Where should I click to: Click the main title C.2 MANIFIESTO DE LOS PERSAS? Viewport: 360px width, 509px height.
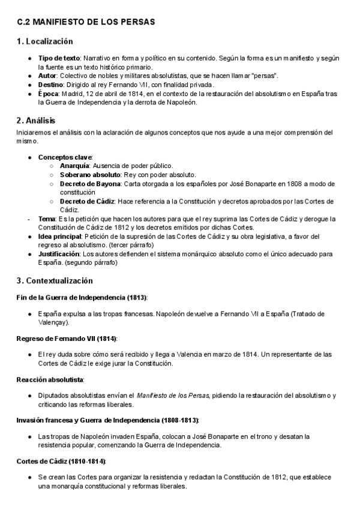click(86, 22)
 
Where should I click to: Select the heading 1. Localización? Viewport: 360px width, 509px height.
click(45, 41)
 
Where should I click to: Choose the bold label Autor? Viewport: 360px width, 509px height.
click(49, 75)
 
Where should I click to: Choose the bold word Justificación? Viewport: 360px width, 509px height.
click(59, 254)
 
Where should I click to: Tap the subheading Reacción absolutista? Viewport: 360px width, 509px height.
click(50, 379)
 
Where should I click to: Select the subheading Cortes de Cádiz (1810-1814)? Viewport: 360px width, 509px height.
click(61, 460)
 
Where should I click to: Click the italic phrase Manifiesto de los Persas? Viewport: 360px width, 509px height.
click(173, 395)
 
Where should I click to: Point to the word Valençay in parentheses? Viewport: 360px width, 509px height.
click(53, 322)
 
